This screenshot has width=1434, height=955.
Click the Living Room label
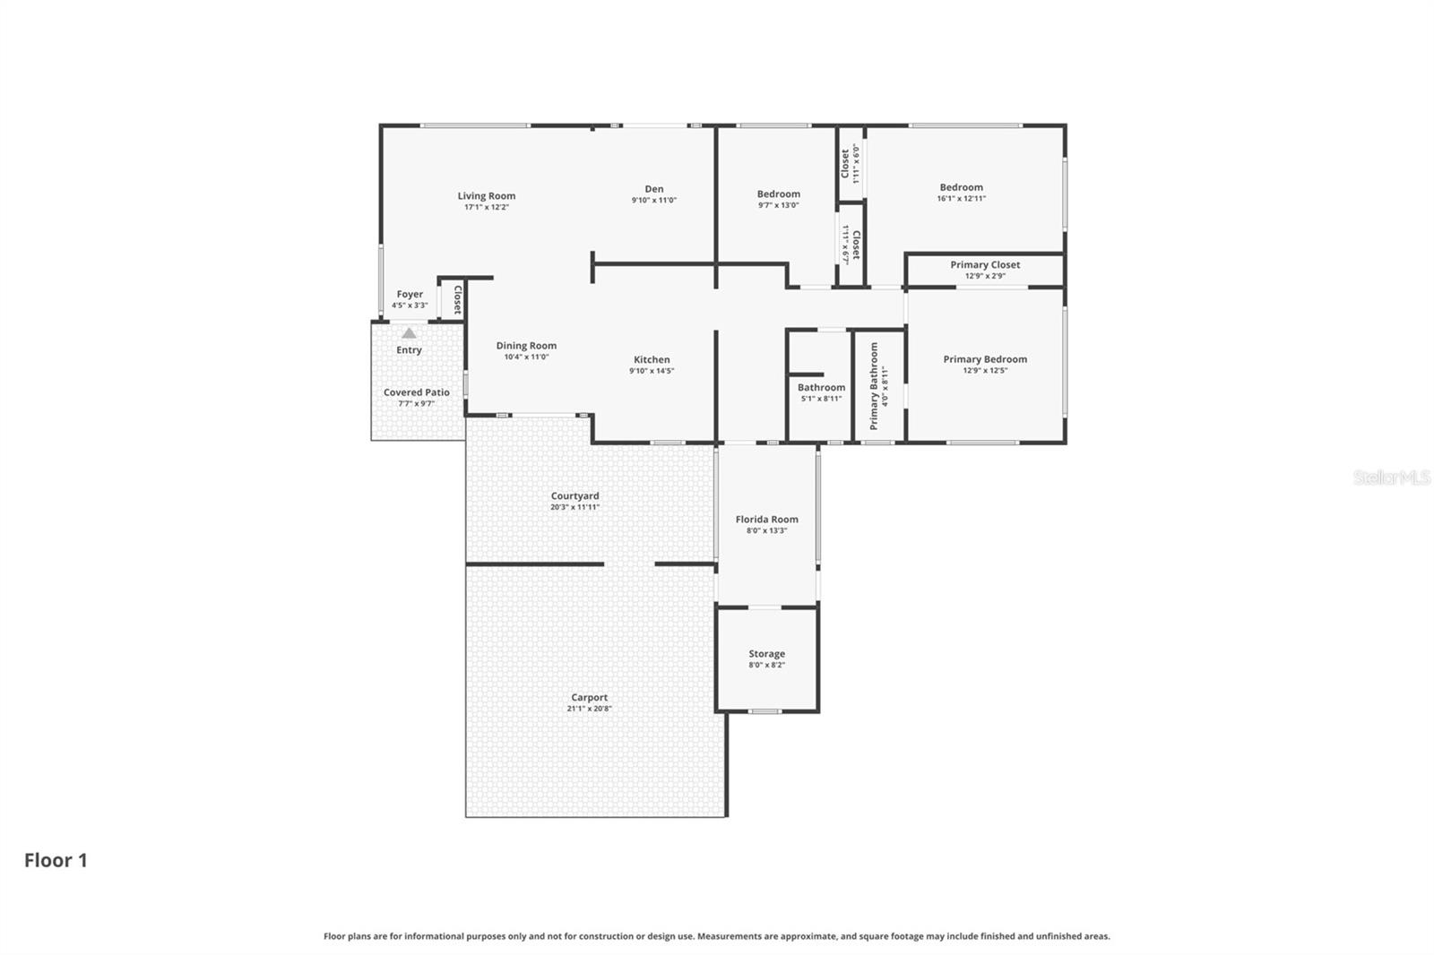click(x=486, y=196)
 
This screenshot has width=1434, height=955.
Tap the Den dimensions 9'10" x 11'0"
click(x=653, y=201)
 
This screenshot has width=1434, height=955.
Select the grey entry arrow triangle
click(x=409, y=332)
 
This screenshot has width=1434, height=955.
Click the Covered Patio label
click(x=416, y=392)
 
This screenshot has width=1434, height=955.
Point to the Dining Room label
click(x=526, y=346)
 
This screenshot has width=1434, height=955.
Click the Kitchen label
click(x=652, y=360)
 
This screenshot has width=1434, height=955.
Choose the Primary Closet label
click(x=985, y=265)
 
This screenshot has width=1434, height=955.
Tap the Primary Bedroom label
click(x=985, y=359)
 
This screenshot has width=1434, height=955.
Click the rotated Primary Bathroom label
click(x=875, y=385)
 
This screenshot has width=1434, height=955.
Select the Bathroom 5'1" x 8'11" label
click(x=821, y=388)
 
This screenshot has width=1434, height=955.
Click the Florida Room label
click(x=766, y=520)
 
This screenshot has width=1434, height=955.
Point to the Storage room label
click(x=766, y=654)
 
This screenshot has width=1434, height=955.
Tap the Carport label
click(x=589, y=698)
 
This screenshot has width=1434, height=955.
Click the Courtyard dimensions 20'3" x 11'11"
click(x=574, y=507)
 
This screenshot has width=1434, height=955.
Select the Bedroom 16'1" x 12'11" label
click(x=961, y=188)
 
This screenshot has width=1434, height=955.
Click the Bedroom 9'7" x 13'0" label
click(x=778, y=194)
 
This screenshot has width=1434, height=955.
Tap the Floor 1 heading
click(x=56, y=860)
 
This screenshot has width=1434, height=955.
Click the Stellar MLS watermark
click(x=1391, y=477)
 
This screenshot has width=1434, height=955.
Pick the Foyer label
click(x=410, y=295)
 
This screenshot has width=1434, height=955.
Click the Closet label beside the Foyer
click(x=457, y=299)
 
